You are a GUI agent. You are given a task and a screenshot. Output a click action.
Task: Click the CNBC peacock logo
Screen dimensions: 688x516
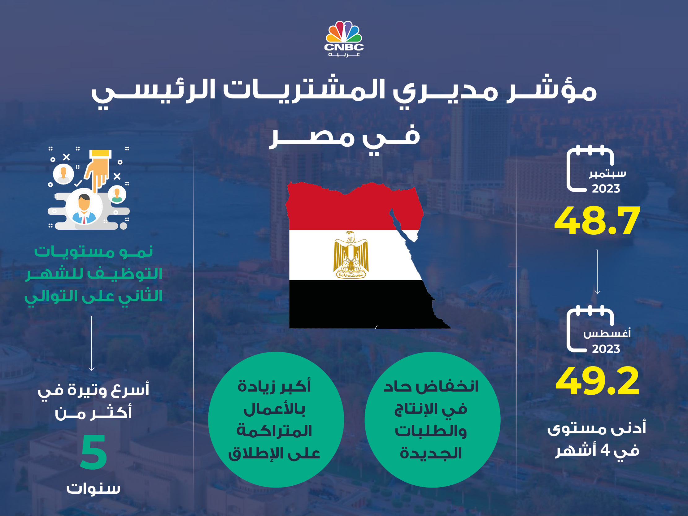(344, 39)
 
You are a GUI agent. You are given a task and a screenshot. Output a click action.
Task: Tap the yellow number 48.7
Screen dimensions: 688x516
(597, 221)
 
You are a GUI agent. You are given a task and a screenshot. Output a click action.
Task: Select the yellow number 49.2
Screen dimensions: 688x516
(597, 381)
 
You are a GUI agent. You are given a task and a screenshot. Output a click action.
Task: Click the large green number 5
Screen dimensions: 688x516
(94, 452)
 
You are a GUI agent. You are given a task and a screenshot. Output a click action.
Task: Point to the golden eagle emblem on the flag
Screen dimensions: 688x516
(351, 255)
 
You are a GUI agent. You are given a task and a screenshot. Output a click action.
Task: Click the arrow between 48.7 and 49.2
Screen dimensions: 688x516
(597, 271)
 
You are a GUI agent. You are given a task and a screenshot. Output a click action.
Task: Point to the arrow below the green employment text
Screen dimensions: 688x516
(91, 343)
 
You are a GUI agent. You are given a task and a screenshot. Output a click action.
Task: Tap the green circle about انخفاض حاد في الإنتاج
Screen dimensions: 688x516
(432, 420)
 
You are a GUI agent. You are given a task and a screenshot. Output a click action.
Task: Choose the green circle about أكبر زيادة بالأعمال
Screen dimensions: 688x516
(276, 420)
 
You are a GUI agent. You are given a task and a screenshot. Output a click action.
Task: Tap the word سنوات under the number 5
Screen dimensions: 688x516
(93, 489)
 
